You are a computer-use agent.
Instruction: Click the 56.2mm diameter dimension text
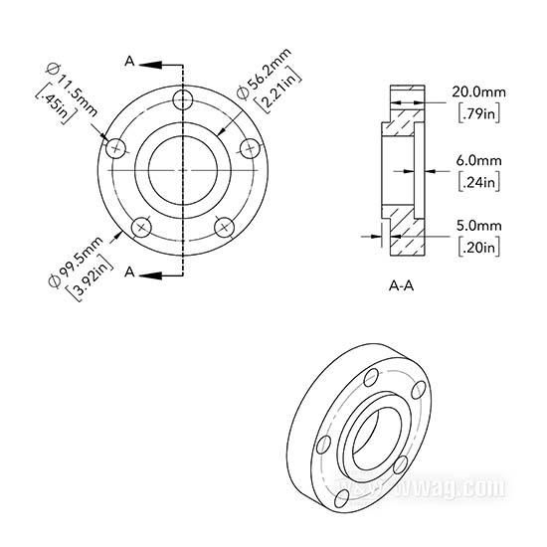pyautogui.click(x=265, y=74)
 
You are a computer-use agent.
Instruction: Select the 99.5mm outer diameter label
pyautogui.click(x=76, y=262)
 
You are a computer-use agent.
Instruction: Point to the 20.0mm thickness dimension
pyautogui.click(x=478, y=92)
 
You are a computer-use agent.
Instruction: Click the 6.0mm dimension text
pyautogui.click(x=479, y=161)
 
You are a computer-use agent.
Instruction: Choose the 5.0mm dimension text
pyautogui.click(x=479, y=226)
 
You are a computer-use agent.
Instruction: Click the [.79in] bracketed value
pyautogui.click(x=479, y=113)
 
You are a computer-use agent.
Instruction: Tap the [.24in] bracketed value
pyautogui.click(x=479, y=182)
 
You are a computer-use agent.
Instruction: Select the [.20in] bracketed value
pyautogui.click(x=479, y=248)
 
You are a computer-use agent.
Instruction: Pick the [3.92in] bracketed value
pyautogui.click(x=90, y=278)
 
